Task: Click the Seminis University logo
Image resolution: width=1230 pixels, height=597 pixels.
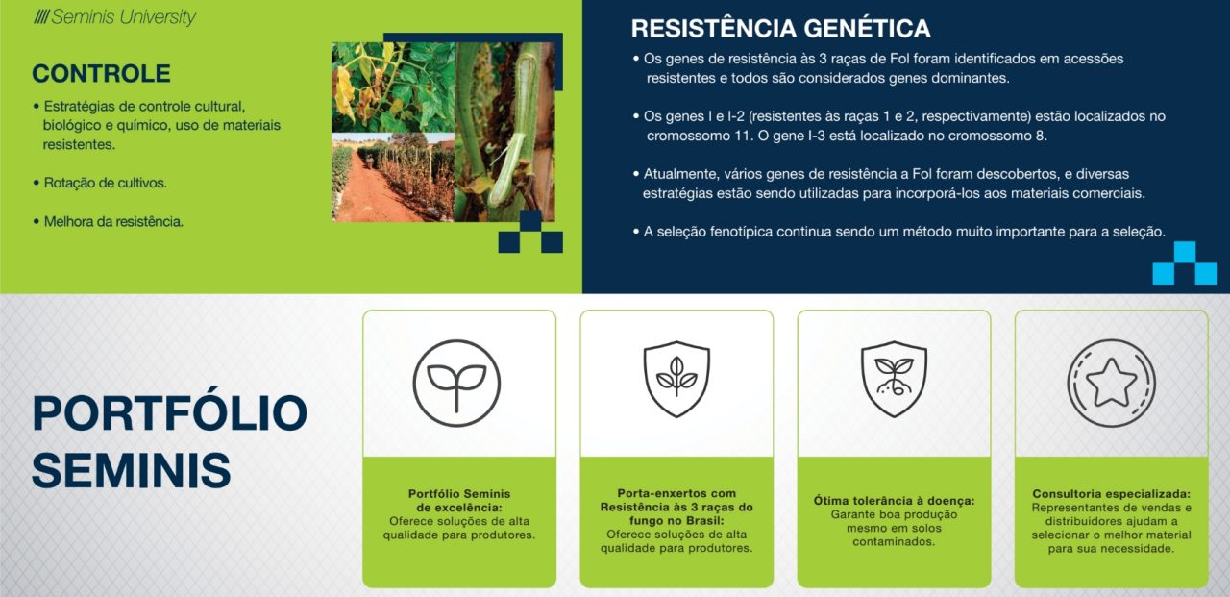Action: tap(114, 17)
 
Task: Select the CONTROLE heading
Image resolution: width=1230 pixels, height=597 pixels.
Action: tap(101, 74)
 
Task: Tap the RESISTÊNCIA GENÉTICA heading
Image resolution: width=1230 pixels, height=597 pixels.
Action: tap(781, 29)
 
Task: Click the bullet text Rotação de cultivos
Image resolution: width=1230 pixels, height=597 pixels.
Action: tap(105, 183)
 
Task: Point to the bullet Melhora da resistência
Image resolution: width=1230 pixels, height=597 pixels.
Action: tap(113, 222)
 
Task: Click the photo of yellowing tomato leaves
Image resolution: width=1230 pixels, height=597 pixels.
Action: tap(393, 87)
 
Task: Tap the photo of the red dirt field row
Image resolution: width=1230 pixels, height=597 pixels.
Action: tap(393, 178)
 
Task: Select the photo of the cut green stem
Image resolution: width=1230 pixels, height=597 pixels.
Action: tap(504, 133)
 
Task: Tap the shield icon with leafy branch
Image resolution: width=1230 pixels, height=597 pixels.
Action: tap(676, 379)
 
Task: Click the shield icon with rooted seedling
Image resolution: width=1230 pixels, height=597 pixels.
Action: tap(894, 379)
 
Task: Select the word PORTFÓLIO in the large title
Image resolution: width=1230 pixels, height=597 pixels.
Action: tap(170, 413)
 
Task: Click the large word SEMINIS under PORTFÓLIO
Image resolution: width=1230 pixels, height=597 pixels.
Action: tap(132, 470)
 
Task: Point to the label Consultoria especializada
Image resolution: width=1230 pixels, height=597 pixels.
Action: tap(1112, 494)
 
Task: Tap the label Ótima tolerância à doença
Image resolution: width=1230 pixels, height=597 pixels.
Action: tap(894, 501)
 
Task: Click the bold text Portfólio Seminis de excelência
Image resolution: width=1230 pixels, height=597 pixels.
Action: tap(459, 500)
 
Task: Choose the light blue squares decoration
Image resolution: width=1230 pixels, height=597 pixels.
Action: tap(1185, 263)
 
